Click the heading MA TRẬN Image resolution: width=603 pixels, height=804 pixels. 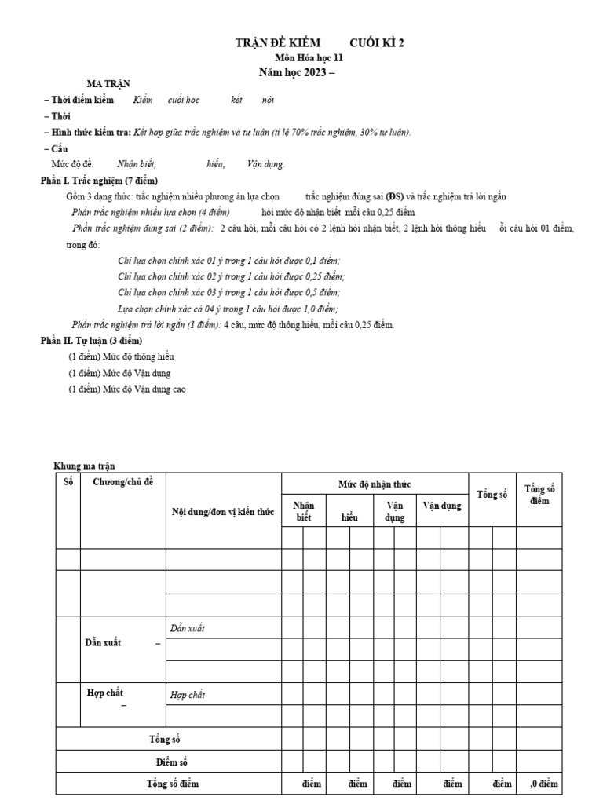(108, 84)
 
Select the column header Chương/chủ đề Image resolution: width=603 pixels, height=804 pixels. (123, 481)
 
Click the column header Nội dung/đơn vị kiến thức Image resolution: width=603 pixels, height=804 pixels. (223, 512)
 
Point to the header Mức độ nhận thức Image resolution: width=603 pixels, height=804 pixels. (375, 484)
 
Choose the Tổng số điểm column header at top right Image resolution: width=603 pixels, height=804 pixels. (539, 495)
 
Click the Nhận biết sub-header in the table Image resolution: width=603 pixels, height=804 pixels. (304, 512)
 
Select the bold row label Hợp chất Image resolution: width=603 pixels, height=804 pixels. (104, 692)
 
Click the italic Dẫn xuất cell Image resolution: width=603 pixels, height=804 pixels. (188, 628)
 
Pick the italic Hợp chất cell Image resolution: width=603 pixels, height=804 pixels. (188, 694)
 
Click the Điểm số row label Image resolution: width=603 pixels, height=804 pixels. (170, 762)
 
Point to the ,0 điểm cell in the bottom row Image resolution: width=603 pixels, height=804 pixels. (544, 784)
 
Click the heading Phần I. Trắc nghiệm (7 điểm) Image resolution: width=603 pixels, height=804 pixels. (99, 181)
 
